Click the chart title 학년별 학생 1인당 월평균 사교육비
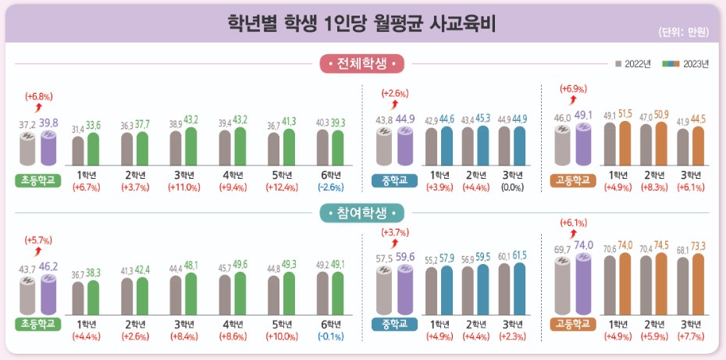click(362, 23)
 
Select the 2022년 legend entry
click(633, 64)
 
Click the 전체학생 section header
click(362, 62)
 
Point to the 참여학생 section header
click(362, 212)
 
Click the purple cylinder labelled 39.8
click(48, 148)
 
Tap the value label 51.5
click(625, 114)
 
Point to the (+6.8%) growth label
click(38, 96)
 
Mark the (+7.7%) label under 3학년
click(690, 337)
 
